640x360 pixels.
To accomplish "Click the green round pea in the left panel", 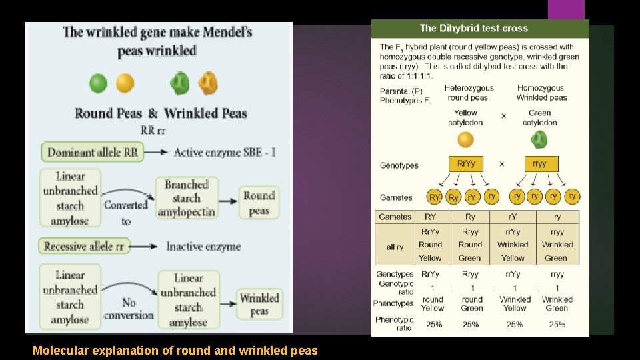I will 98,83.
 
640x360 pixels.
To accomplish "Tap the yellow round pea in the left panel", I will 125,83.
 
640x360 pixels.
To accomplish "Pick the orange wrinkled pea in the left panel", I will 208,83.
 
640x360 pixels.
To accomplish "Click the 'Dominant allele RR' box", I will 92,152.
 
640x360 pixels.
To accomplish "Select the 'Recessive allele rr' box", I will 84,246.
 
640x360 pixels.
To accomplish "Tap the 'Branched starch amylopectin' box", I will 187,198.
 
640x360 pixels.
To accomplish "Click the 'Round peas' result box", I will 259,203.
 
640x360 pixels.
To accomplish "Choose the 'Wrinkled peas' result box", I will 259,304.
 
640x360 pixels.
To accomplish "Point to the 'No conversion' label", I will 129,309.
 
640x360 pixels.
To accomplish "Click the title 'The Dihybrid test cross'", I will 473,28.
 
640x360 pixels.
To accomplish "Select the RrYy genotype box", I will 466,164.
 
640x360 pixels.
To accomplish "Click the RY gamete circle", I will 435,197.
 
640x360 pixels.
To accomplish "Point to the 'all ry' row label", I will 395,247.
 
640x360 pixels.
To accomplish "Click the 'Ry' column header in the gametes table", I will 470,217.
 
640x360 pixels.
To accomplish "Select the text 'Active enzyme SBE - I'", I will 224,153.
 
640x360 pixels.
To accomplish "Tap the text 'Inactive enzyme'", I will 203,247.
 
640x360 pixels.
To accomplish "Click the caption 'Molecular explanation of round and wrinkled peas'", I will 175,350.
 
